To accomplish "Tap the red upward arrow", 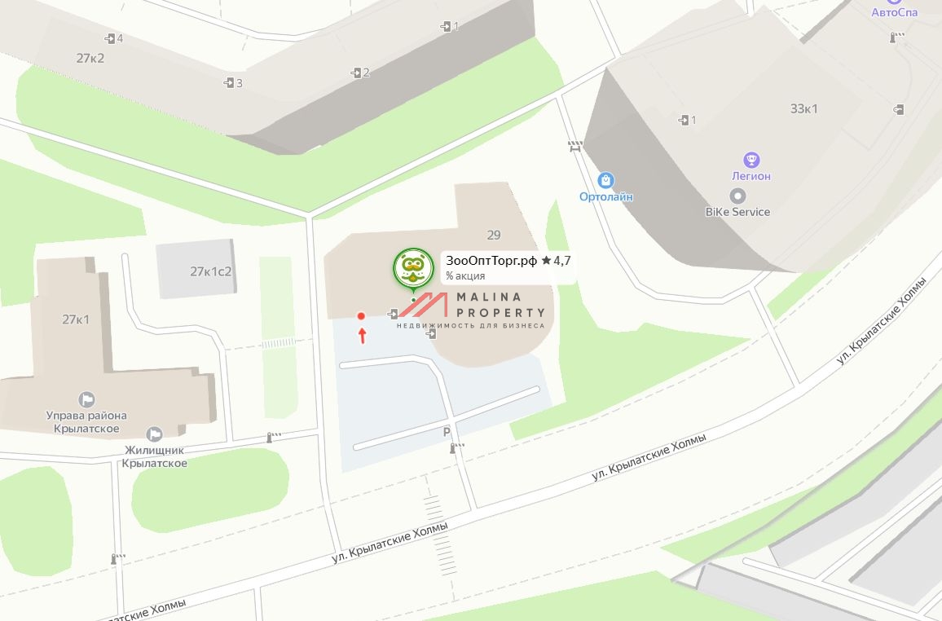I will pos(363,336).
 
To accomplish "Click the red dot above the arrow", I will pos(361,316).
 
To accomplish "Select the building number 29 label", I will pos(494,236).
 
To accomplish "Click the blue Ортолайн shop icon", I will pos(605,180).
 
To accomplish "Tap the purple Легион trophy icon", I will pos(752,160).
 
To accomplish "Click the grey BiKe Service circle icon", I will pos(737,196).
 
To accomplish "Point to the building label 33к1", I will pos(803,109).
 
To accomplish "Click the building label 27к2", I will pos(90,58).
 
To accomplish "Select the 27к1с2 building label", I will pos(211,271).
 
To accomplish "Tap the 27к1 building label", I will pos(76,319).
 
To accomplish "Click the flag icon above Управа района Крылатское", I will pos(86,399).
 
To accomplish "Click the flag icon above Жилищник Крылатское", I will pos(154,434).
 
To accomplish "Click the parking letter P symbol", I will pos(447,432).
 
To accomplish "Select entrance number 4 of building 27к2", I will pos(114,38).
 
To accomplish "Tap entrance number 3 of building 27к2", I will pos(233,83).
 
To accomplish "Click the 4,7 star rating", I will pos(556,261).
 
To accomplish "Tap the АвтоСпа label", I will pos(894,12).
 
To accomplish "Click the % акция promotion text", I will pos(465,276).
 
